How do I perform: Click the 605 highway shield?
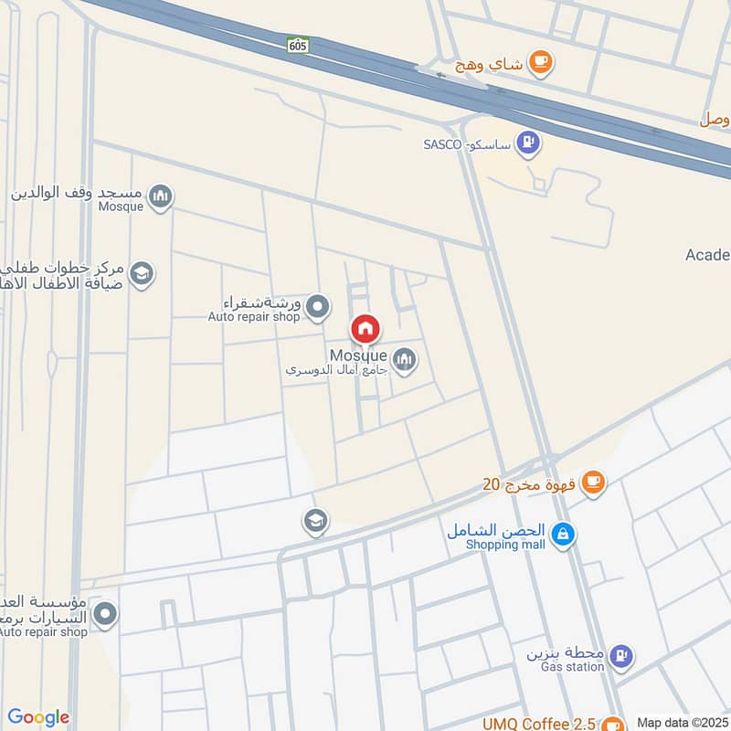pyautogui.click(x=298, y=44)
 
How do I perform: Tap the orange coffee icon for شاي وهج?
pyautogui.click(x=541, y=61)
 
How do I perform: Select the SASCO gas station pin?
pyautogui.click(x=527, y=143)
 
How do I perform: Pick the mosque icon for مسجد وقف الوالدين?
pyautogui.click(x=160, y=196)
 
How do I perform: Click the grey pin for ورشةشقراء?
pyautogui.click(x=317, y=307)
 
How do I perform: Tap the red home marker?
pyautogui.click(x=365, y=329)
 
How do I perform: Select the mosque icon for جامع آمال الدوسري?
pyautogui.click(x=404, y=360)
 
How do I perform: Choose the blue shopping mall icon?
pyautogui.click(x=563, y=535)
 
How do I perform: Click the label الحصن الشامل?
pyautogui.click(x=496, y=531)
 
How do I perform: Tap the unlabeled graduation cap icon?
pyautogui.click(x=316, y=522)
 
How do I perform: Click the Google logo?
pyautogui.click(x=38, y=717)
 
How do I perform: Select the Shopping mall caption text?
pyautogui.click(x=505, y=545)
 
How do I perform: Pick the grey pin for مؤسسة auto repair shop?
pyautogui.click(x=106, y=614)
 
